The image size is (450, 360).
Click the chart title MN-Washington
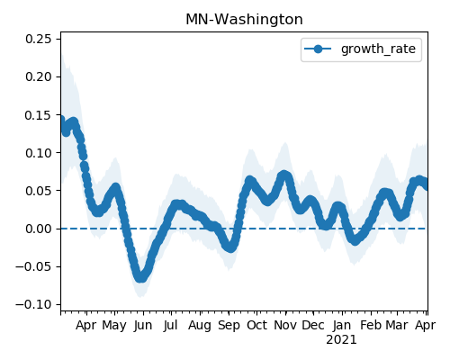(244, 20)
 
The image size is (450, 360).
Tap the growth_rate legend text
(378, 49)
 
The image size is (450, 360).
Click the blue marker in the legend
(318, 49)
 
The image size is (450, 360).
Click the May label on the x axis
(114, 326)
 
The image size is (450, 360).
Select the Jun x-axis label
(143, 326)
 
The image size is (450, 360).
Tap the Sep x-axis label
(229, 326)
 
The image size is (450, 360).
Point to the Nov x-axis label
(285, 326)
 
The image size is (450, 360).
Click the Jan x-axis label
(342, 326)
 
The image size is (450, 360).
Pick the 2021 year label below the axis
(341, 340)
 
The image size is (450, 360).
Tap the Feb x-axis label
(371, 326)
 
